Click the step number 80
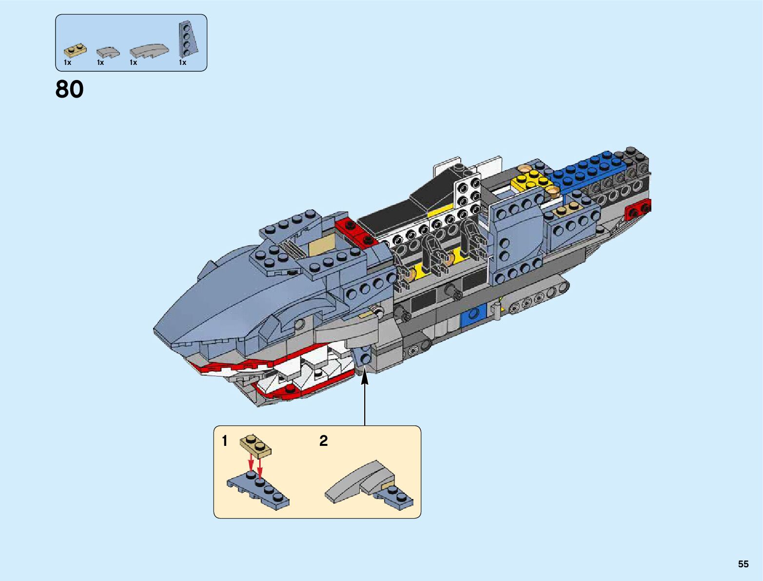(69, 89)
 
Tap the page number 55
(743, 564)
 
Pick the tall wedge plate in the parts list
(187, 39)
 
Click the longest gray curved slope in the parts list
(149, 50)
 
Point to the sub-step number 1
(224, 441)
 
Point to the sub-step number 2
(323, 441)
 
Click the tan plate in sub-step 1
(255, 445)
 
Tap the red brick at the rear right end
(637, 210)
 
